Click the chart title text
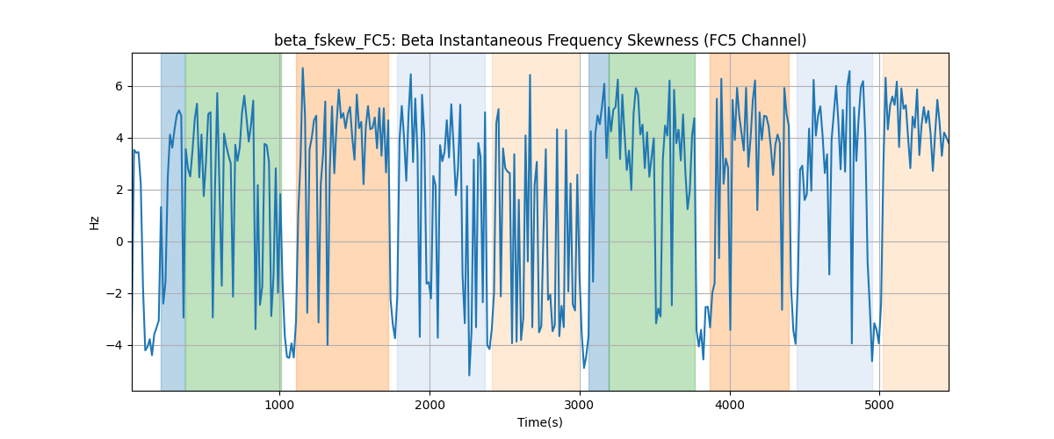tap(540, 41)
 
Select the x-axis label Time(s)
tap(540, 422)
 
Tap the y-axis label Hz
tap(95, 223)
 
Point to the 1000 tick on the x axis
tap(280, 405)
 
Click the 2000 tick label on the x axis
tap(430, 405)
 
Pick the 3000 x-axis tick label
tap(580, 405)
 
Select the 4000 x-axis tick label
tap(730, 405)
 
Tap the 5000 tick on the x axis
tap(879, 405)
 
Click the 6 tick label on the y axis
tap(119, 87)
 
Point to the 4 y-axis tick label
tap(119, 139)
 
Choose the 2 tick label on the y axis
tap(119, 191)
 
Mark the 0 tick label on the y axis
tap(119, 241)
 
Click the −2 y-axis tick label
tap(115, 293)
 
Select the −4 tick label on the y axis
tap(115, 345)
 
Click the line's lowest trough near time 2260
tap(469, 375)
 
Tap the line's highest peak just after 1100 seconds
tap(302, 68)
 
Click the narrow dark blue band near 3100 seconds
tap(598, 221)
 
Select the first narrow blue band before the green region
tap(173, 221)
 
